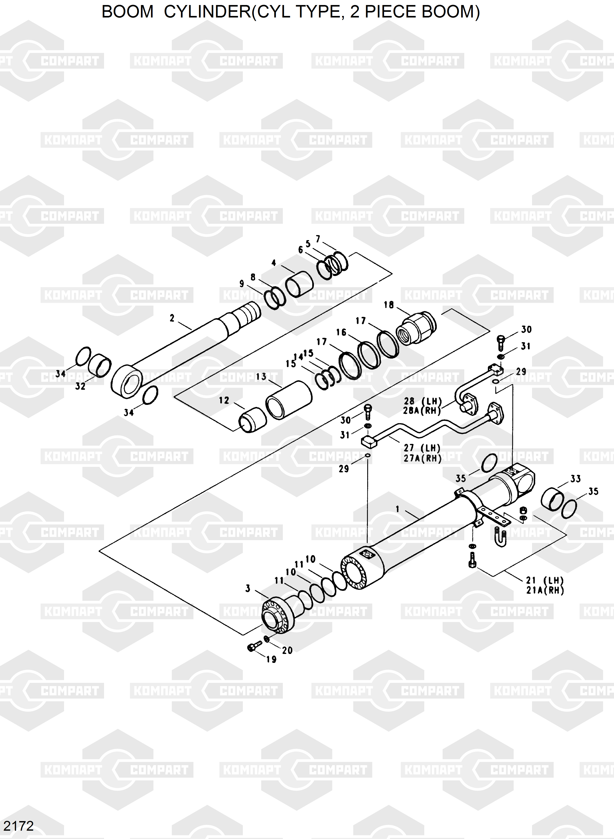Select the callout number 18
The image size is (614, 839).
tap(389, 305)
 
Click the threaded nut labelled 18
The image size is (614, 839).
tap(416, 328)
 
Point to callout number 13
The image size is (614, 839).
tap(261, 377)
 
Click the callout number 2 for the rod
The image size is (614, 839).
tap(172, 318)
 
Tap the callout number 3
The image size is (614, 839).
tap(248, 589)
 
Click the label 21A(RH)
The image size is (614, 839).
tap(545, 590)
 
